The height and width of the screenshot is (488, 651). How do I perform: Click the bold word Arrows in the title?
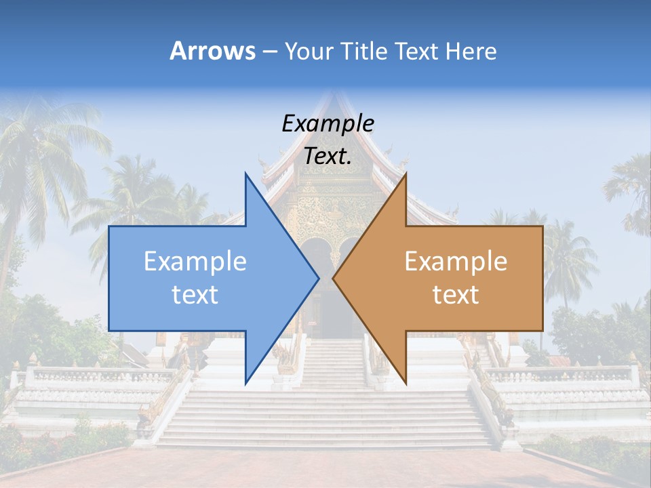click(212, 51)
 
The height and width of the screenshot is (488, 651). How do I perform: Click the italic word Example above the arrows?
click(328, 123)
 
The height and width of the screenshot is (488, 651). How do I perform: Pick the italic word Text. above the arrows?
click(328, 156)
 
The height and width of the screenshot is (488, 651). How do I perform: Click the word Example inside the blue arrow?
click(195, 261)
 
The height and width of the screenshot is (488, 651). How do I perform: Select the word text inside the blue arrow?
click(195, 294)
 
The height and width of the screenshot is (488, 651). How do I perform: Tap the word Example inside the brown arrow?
click(456, 261)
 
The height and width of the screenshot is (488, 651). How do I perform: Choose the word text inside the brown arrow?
click(456, 294)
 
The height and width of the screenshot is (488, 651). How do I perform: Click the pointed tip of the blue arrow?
click(319, 278)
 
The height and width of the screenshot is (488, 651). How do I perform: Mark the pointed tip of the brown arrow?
click(333, 278)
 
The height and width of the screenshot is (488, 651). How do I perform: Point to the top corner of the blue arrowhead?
click(245, 173)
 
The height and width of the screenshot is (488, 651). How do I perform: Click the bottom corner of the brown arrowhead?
click(406, 383)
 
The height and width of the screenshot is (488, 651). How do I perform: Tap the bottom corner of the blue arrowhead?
click(245, 383)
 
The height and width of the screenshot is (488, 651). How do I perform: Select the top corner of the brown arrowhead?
click(406, 174)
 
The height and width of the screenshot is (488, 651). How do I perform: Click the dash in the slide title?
click(269, 52)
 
